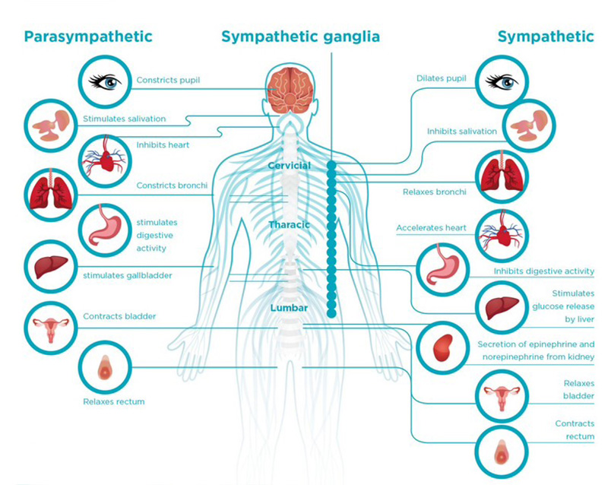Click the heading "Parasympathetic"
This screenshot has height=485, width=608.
[x=88, y=36]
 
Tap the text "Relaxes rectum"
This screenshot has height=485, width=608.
[x=113, y=401]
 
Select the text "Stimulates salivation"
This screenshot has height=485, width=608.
[x=135, y=119]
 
